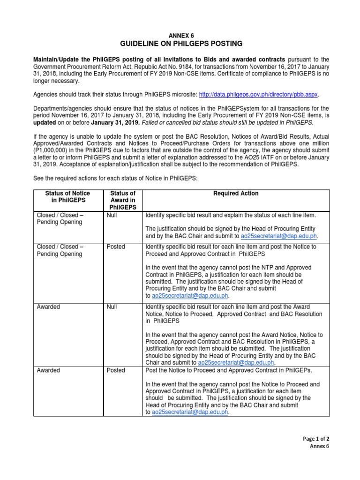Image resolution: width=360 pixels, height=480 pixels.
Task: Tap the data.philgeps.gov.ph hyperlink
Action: (x=259, y=94)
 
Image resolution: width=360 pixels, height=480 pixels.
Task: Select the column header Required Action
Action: (x=236, y=193)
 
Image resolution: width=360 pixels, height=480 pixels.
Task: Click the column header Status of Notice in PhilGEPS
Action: (x=67, y=196)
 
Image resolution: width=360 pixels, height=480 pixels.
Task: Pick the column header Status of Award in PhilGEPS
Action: (x=122, y=200)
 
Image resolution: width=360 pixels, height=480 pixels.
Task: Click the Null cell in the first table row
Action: (x=112, y=215)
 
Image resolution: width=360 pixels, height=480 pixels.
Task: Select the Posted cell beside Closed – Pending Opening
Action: (x=116, y=247)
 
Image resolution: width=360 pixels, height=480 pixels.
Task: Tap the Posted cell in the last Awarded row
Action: (x=116, y=370)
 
